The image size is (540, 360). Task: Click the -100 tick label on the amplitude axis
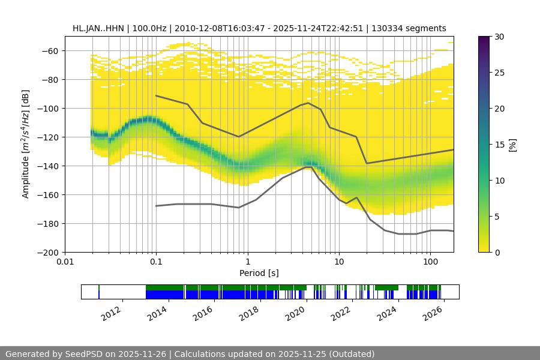coord(50,109)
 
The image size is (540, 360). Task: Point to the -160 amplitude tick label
coord(50,195)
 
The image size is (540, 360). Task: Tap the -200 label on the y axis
coord(50,253)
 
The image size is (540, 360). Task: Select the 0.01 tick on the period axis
coord(65,262)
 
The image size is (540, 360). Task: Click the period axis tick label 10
coord(339,262)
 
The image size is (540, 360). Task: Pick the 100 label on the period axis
coord(430,262)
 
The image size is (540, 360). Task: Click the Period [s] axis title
coord(259,273)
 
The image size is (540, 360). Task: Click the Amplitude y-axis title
coord(25,144)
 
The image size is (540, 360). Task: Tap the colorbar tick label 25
coord(499,73)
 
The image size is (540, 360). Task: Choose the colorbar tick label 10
coord(499,181)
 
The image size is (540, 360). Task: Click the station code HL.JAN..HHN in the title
coord(97,28)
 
